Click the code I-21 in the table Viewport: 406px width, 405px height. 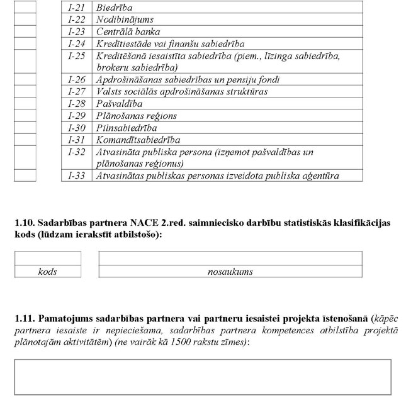pos(77,8)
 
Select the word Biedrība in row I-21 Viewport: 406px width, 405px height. pos(115,8)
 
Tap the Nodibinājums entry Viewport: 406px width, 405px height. pos(125,19)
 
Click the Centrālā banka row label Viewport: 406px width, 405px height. pos(128,31)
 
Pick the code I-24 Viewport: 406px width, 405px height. pos(77,44)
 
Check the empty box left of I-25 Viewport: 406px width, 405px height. pos(25,62)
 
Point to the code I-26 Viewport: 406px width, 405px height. pos(77,80)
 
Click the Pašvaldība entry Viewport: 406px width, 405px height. pos(119,104)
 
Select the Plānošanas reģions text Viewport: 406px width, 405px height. pos(137,116)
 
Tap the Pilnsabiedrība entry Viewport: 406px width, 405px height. pos(127,128)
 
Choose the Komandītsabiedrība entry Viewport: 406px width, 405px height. pos(138,140)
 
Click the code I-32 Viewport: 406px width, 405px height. pos(77,152)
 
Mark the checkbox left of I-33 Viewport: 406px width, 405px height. pos(25,175)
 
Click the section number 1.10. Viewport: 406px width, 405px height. pos(25,223)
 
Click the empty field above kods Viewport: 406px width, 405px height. pos(48,258)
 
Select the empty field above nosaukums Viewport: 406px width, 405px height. pos(230,258)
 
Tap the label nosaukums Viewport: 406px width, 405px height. pos(230,272)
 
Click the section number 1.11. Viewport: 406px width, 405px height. pos(25,320)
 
